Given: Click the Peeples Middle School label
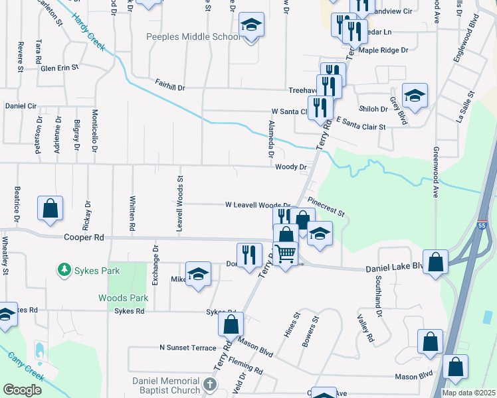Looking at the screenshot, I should [x=193, y=36].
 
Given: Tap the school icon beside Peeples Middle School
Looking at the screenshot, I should [x=251, y=26].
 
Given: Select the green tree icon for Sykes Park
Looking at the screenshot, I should [x=64, y=269].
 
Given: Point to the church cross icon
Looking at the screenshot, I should [x=210, y=384].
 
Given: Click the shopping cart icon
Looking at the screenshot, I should [x=286, y=253].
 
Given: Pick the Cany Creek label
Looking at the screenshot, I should [x=26, y=366].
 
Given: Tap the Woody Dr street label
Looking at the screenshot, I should [x=290, y=167].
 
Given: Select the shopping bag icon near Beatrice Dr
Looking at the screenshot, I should [x=50, y=208].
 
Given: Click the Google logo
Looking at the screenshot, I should [x=22, y=390].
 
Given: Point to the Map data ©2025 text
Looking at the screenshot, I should [x=468, y=393].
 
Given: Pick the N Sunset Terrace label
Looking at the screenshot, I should [x=187, y=348].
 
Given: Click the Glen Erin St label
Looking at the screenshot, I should [x=59, y=67].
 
